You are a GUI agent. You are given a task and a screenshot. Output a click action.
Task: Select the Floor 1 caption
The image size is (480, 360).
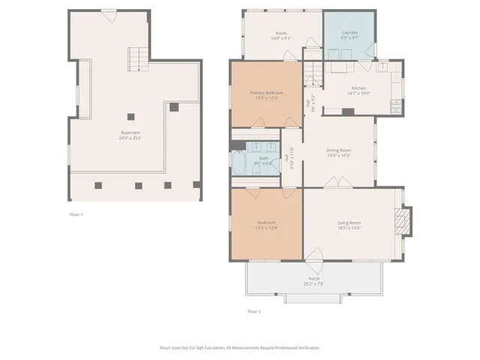(76, 214)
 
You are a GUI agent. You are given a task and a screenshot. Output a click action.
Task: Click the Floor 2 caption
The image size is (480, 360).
(254, 310)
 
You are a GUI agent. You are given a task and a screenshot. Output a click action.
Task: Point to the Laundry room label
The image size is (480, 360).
(349, 33)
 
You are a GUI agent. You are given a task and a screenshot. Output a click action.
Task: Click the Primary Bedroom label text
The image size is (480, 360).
(266, 93)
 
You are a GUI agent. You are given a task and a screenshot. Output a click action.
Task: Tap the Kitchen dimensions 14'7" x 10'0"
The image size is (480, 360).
(358, 93)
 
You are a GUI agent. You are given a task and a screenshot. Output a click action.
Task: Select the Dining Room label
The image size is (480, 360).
(338, 150)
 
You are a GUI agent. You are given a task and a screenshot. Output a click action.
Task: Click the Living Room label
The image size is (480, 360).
(349, 223)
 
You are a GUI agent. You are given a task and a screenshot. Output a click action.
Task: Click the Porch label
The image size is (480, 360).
(313, 279)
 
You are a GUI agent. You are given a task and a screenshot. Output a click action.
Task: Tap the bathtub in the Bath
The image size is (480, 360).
(239, 163)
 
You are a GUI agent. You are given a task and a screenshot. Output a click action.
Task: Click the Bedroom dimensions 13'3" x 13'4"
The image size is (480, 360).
(266, 227)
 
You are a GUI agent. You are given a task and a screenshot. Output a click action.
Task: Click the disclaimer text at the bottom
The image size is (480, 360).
(239, 348)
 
